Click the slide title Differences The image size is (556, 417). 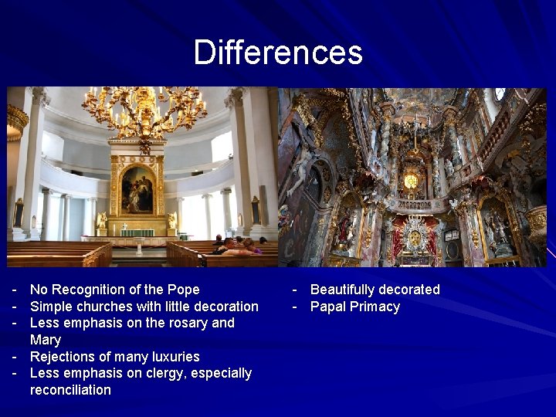(x=277, y=53)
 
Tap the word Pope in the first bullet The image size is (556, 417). (x=183, y=290)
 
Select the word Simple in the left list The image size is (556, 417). (x=51, y=307)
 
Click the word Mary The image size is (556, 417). (x=45, y=340)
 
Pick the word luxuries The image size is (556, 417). (x=174, y=357)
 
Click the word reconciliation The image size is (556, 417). (x=70, y=390)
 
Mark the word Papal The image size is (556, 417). (x=327, y=307)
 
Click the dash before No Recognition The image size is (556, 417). (x=14, y=290)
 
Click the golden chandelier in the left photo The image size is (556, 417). (x=144, y=112)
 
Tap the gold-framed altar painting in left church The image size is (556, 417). (x=137, y=188)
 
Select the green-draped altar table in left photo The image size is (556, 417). (x=137, y=232)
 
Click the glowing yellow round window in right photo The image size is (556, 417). (x=411, y=181)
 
